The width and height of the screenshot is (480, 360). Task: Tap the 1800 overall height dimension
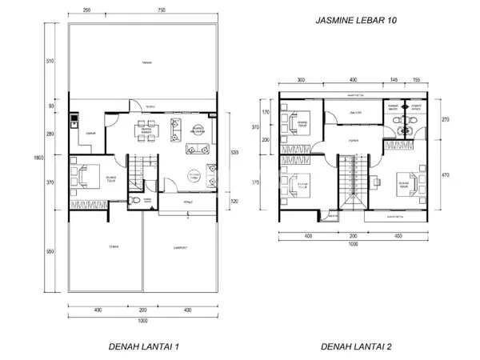(x=50, y=158)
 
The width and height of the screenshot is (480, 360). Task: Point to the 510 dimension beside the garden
(x=50, y=61)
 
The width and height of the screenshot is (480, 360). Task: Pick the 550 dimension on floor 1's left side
(x=50, y=252)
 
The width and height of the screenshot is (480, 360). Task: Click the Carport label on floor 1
(x=182, y=248)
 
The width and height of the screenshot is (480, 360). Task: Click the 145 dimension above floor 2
(x=394, y=81)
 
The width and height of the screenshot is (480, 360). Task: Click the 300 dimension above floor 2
(x=302, y=81)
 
